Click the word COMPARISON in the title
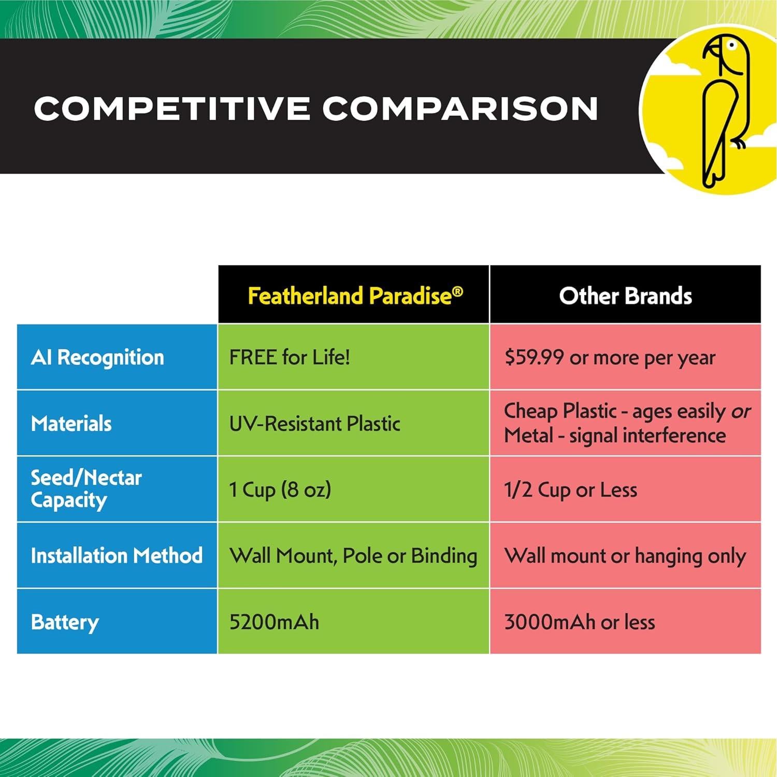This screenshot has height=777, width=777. (460, 108)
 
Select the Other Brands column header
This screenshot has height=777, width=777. (625, 296)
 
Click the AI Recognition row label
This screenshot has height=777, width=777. (97, 357)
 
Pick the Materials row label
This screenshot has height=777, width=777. (71, 424)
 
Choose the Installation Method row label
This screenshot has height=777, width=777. (117, 556)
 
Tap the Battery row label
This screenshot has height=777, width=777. (65, 622)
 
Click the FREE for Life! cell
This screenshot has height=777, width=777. (290, 357)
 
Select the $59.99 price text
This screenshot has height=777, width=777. (534, 357)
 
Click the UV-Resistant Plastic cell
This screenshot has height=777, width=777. (314, 424)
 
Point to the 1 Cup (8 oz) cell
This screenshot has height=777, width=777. (280, 490)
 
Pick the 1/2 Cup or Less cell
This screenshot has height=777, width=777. (570, 490)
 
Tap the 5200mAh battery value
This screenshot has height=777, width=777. (274, 622)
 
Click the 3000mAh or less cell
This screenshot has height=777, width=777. (579, 622)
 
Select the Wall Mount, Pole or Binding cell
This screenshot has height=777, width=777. (353, 556)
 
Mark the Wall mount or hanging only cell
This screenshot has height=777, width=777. (625, 556)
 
